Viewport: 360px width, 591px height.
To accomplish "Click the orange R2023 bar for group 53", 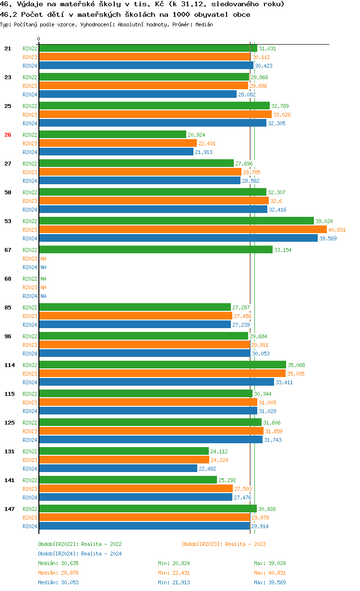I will (x=182, y=230).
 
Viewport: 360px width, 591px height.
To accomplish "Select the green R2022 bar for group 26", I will (x=112, y=135).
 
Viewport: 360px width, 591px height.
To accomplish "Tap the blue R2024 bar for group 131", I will (x=118, y=469).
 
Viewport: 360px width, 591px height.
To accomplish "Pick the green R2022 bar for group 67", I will (x=156, y=250).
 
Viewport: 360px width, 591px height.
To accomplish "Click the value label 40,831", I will (x=337, y=230).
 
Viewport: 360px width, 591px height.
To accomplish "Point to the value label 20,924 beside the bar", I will (x=197, y=135).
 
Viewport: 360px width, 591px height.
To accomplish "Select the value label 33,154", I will (x=283, y=250).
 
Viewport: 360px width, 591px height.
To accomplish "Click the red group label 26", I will (x=8, y=135).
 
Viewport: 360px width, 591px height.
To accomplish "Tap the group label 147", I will (x=10, y=509).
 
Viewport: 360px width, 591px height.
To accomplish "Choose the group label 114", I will (x=10, y=365).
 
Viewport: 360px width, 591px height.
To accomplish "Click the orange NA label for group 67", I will (x=43, y=259).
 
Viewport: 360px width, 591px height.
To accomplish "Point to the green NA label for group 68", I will (x=43, y=279).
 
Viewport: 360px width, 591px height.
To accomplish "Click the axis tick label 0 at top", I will (x=39, y=39).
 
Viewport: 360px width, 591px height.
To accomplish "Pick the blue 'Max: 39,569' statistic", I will (x=270, y=582).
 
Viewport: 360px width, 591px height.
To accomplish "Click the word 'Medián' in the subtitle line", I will (x=204, y=24).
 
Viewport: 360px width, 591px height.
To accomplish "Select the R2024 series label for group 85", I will (x=30, y=325).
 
